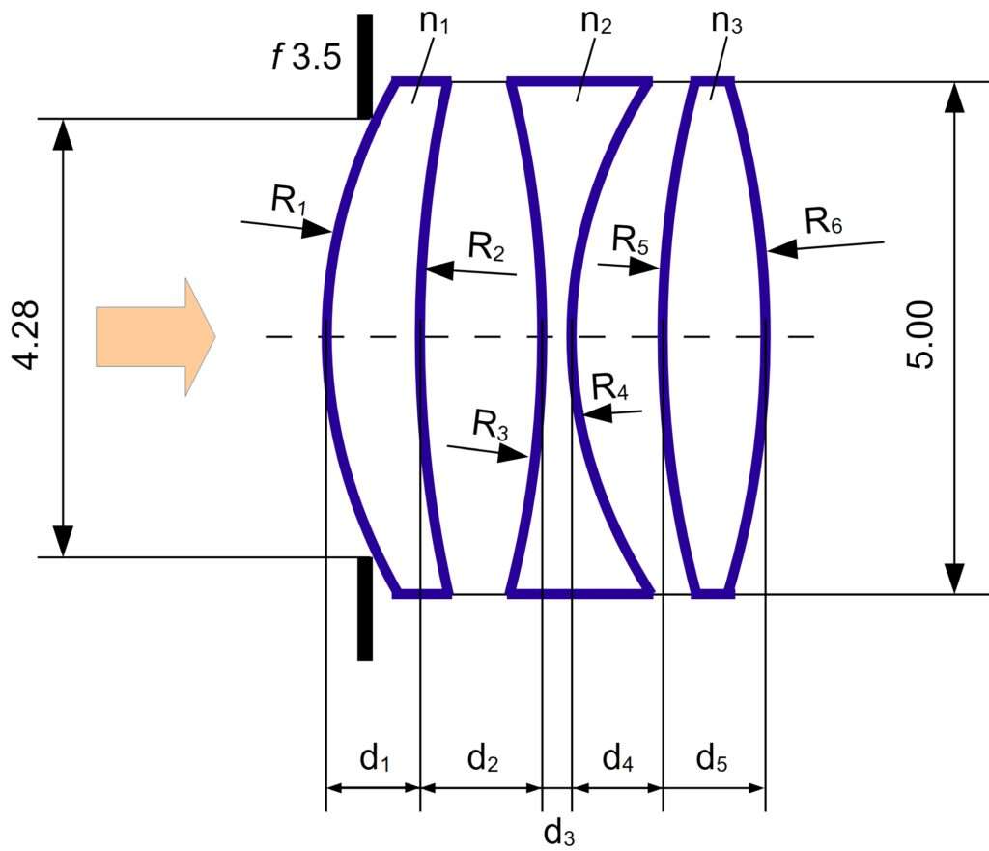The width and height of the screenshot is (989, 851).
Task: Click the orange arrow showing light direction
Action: (x=155, y=337)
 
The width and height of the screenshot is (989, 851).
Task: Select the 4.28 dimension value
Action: (x=27, y=335)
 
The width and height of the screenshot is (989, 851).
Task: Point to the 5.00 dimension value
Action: (x=919, y=334)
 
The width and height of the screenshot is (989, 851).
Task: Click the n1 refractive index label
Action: (x=435, y=23)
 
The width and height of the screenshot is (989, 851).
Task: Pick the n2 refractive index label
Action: (x=596, y=23)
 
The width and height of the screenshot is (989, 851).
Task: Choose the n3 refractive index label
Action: (x=726, y=23)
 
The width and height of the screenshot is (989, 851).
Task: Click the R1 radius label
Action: (x=289, y=200)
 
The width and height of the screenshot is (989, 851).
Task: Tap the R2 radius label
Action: (x=487, y=246)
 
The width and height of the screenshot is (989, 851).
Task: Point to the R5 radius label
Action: (x=630, y=241)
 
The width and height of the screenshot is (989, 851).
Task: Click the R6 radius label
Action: (x=824, y=221)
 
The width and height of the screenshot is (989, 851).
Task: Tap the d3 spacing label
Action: (x=559, y=834)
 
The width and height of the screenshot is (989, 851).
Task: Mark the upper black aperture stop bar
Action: (x=364, y=67)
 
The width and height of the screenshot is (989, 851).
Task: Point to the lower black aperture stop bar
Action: (x=364, y=609)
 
